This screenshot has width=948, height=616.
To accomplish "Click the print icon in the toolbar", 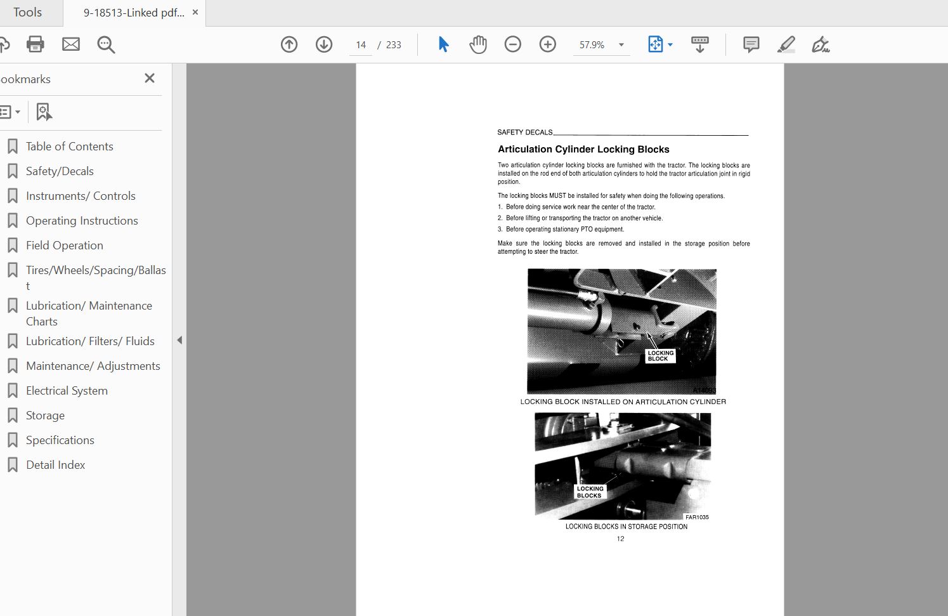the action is coord(35,44).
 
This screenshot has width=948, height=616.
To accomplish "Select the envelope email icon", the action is coord(70,44).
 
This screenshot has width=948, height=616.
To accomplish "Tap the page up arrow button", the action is coord(289,44).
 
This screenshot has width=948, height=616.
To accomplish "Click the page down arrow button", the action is coord(324,44).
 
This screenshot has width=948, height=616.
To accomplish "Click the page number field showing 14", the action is coord(361,45).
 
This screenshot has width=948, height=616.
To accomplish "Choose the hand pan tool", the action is coord(478,44).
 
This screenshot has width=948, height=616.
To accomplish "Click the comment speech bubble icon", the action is coord(751,44).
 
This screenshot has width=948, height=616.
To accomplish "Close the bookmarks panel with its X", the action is coord(150,78).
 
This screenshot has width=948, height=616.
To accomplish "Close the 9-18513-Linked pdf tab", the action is coord(195,12).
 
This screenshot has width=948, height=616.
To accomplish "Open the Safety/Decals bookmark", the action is coord(60,171).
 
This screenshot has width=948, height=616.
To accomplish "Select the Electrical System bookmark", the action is coord(67,390).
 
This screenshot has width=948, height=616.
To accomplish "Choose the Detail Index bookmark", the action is coord(55,465).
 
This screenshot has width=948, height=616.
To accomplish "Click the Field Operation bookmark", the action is coord(64,246).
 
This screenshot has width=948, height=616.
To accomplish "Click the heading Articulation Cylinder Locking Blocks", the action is coord(583,150).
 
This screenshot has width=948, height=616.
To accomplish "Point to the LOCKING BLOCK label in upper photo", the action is coord(661,356).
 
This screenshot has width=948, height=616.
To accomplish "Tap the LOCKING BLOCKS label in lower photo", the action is coord(590,492).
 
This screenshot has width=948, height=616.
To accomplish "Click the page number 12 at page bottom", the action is coord(620,539).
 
